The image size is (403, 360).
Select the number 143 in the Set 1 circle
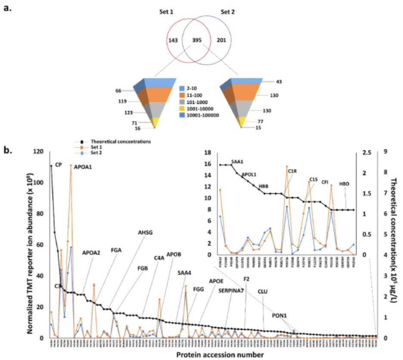click(173, 40)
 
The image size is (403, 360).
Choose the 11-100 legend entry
click(194, 95)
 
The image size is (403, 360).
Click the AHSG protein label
click(145, 233)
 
